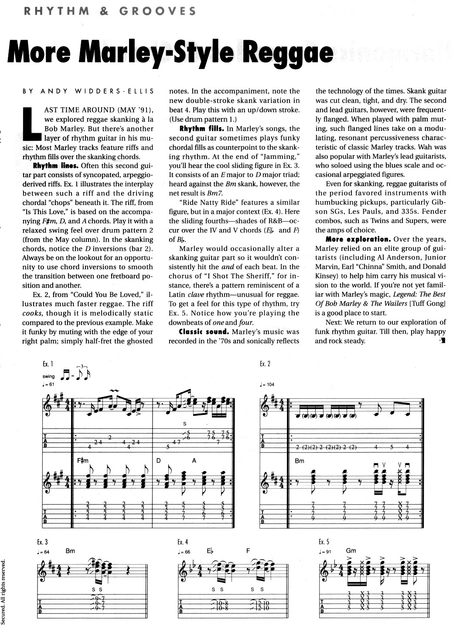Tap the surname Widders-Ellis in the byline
click(115, 91)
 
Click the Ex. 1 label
click(48, 364)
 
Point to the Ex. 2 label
click(265, 364)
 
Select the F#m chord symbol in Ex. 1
click(82, 460)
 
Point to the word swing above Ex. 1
click(49, 376)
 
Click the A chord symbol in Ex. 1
click(194, 460)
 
